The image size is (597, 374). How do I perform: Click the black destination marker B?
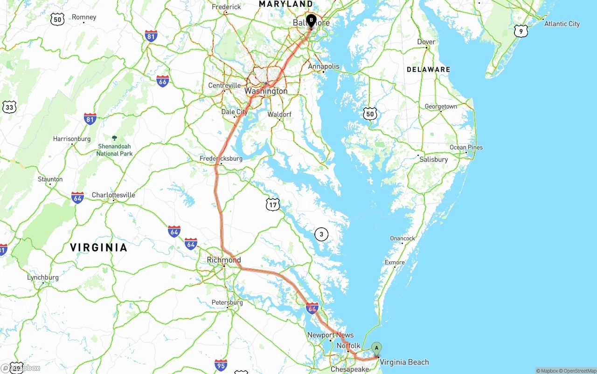click(311, 20)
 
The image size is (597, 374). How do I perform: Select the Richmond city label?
click(224, 260)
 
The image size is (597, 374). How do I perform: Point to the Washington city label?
click(266, 91)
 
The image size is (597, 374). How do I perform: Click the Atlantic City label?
click(562, 24)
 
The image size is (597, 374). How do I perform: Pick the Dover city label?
click(426, 42)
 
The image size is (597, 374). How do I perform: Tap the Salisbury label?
click(433, 159)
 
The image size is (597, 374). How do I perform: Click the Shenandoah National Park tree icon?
click(115, 138)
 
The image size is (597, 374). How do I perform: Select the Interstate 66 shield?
click(162, 81)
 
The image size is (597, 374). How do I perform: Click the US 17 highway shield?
click(273, 204)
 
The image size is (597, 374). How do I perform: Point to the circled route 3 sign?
click(321, 234)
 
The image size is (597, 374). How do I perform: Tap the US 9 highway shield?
click(521, 31)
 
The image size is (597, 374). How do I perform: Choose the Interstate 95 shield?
click(221, 365)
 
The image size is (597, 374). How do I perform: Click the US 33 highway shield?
click(9, 107)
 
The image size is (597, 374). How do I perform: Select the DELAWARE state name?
click(428, 69)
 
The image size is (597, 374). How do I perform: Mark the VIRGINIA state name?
click(98, 247)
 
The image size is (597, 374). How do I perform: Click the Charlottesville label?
click(113, 195)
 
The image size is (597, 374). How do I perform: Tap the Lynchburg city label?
click(43, 278)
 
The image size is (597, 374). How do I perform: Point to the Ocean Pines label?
click(466, 147)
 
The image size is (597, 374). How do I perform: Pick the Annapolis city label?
click(324, 66)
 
